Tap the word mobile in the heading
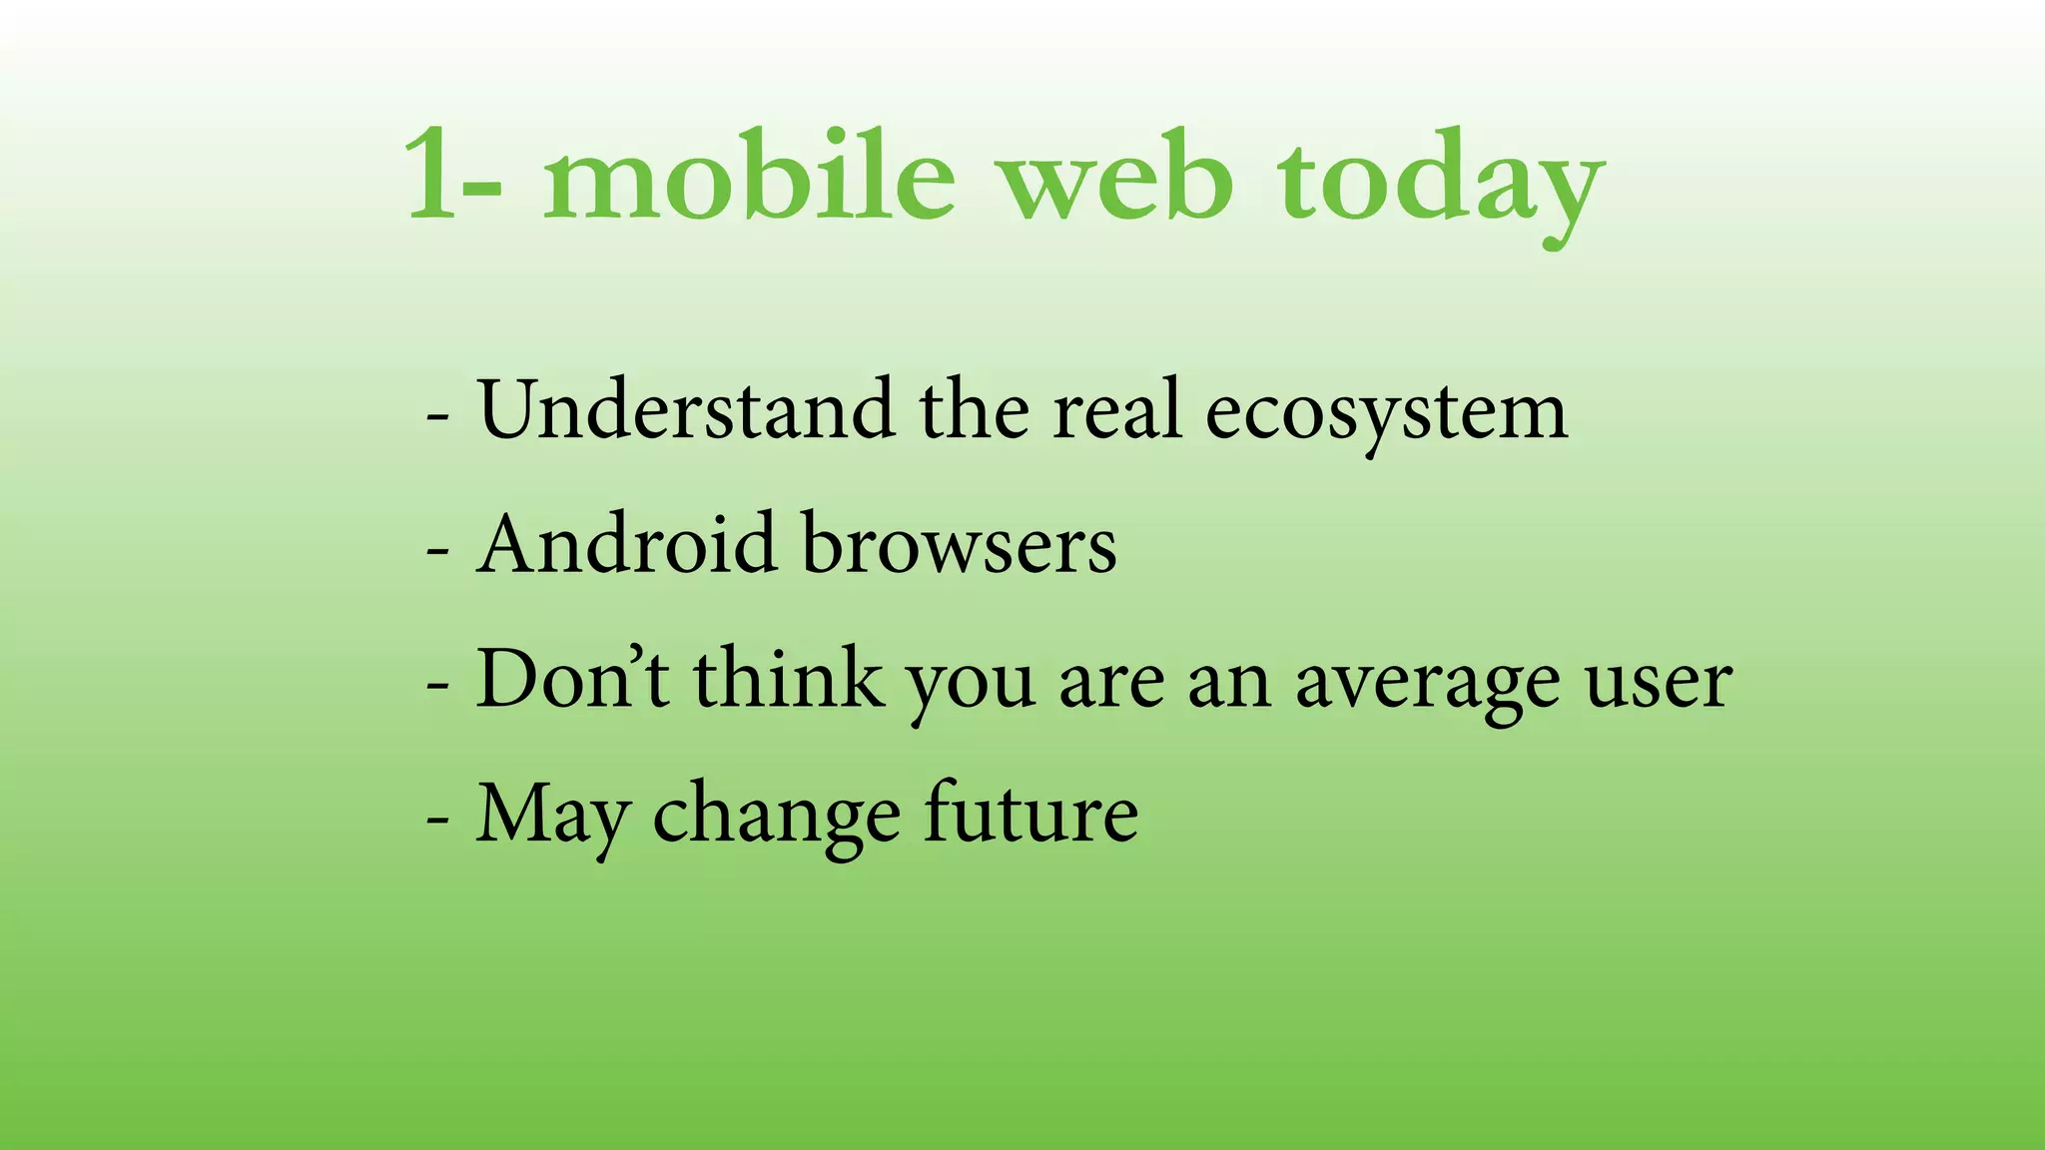(x=749, y=176)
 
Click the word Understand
(x=686, y=409)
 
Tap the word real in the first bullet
(x=1117, y=409)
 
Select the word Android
(x=626, y=545)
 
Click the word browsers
(x=959, y=545)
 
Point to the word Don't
(x=572, y=679)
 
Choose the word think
(x=789, y=679)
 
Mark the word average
(x=1427, y=685)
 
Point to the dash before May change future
(x=437, y=819)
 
